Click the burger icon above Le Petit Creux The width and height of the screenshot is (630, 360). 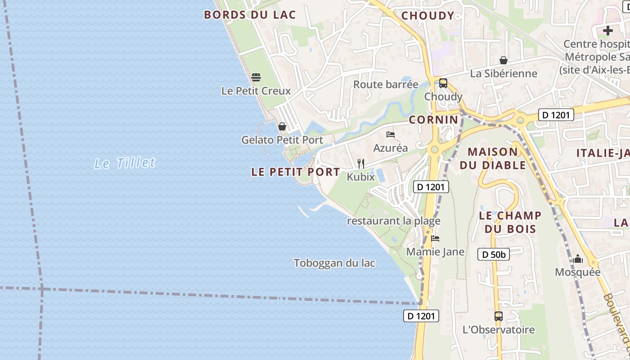256,77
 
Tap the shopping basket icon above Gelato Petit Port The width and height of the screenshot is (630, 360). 282,126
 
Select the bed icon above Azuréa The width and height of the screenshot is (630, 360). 390,135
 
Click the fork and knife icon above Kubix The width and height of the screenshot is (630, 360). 360,163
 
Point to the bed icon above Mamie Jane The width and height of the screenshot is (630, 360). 435,238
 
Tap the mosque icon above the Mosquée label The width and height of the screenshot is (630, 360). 578,259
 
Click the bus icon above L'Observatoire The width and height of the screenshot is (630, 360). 498,316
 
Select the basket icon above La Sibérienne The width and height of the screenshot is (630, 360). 504,60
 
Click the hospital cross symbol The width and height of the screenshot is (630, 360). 608,31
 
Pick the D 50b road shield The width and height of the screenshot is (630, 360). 494,255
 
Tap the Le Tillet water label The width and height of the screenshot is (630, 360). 125,163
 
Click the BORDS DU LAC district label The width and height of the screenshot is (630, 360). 250,15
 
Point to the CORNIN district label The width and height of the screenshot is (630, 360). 434,120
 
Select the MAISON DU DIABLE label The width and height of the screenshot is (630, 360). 493,158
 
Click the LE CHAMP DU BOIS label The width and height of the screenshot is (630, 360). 510,222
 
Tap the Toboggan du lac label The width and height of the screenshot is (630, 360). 334,263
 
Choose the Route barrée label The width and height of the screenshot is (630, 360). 386,85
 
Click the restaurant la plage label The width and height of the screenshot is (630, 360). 393,221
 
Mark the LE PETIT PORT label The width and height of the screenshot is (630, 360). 296,172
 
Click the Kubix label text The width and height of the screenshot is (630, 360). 360,177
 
